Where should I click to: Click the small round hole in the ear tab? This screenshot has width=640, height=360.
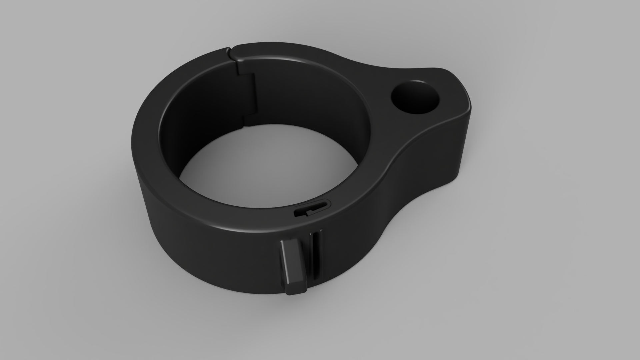tap(415, 97)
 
